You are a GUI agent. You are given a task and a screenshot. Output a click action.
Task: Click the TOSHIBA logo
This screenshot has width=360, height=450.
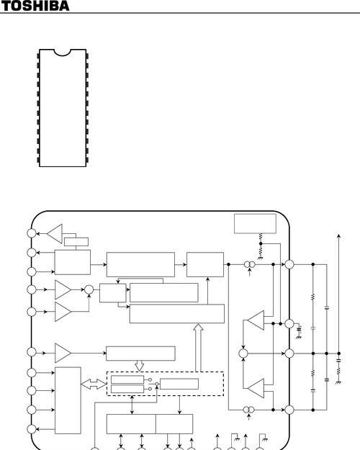click(x=35, y=6)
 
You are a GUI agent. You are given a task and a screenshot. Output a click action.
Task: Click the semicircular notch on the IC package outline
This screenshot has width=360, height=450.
click(x=62, y=53)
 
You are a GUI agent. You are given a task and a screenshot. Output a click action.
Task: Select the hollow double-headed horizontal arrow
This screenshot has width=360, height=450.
click(x=94, y=384)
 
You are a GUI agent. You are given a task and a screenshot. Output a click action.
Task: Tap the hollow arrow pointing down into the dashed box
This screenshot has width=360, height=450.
click(x=139, y=366)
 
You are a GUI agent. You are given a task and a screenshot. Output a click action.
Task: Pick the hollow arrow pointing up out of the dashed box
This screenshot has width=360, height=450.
click(x=199, y=348)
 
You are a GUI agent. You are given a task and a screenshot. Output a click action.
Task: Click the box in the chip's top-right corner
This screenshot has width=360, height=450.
click(x=255, y=224)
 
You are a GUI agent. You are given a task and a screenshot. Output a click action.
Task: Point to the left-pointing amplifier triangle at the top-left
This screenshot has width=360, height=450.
click(x=55, y=233)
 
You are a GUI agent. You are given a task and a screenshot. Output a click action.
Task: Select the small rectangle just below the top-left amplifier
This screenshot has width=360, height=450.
click(x=76, y=242)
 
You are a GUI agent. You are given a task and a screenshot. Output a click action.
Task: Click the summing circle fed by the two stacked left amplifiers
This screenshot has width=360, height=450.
click(x=89, y=289)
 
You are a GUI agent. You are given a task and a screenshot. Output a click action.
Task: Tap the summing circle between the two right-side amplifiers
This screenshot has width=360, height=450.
click(x=243, y=354)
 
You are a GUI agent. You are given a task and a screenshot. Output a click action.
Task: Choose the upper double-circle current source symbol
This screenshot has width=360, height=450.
click(x=249, y=264)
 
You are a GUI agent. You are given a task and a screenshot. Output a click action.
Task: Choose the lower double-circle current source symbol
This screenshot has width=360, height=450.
click(x=248, y=410)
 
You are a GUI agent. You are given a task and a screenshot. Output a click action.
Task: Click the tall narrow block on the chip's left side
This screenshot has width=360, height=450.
click(x=68, y=400)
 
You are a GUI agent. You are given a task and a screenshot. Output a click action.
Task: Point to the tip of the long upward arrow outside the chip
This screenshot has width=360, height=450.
click(x=338, y=235)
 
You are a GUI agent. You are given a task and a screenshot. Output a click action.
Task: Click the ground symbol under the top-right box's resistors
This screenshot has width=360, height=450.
click(x=261, y=258)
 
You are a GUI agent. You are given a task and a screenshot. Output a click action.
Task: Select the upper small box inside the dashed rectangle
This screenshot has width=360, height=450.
click(x=127, y=379)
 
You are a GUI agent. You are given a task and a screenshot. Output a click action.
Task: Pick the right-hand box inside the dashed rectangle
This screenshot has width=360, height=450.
click(x=179, y=384)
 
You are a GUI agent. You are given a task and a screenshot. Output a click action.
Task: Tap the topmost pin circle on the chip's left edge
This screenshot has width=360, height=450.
click(x=32, y=233)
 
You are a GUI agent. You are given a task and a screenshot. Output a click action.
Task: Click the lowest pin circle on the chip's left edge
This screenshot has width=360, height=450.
click(x=32, y=429)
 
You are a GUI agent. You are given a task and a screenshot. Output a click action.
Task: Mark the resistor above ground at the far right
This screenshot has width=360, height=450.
click(x=338, y=371)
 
